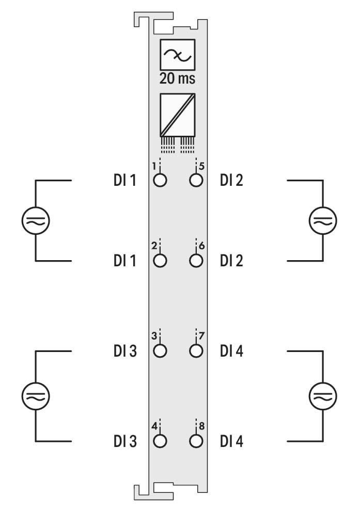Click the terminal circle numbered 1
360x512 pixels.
[160, 180]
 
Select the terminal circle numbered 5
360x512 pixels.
[196, 180]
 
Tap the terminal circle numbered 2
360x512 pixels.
[160, 261]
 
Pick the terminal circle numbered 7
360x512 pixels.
[196, 351]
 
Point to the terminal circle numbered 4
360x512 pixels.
[160, 441]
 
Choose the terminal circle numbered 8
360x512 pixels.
[196, 441]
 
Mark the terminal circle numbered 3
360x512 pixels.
[160, 351]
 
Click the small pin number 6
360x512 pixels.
[201, 246]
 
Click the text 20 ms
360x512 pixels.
[177, 78]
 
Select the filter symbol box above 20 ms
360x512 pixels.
[177, 55]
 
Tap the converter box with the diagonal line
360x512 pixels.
[177, 115]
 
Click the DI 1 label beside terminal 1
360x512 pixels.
[125, 180]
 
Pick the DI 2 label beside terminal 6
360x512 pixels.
[231, 261]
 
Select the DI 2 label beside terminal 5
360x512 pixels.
[231, 180]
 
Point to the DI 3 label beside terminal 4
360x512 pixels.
[125, 441]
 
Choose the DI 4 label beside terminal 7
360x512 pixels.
[231, 351]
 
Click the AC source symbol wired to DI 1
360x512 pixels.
[36, 220]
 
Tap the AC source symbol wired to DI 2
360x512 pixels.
[323, 220]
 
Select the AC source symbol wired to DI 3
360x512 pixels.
[36, 396]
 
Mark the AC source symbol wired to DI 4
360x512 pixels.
[323, 396]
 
